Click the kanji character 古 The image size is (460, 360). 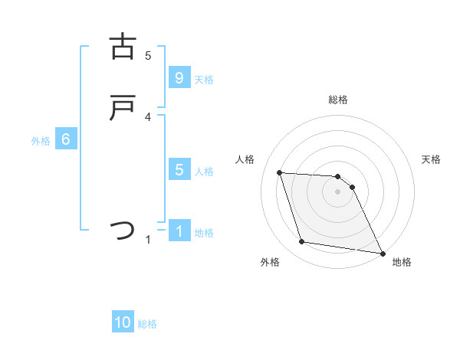[123, 47]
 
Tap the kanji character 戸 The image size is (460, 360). [123, 108]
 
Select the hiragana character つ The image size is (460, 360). [123, 230]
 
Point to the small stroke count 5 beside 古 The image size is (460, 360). [148, 55]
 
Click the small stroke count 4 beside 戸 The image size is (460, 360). [148, 116]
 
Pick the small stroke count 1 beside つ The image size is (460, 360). [148, 240]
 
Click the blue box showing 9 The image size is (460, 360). [179, 78]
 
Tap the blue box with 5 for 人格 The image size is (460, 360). [179, 170]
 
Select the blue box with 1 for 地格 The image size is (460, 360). [179, 231]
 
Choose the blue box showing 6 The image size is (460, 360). [66, 139]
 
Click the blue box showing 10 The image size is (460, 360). [123, 323]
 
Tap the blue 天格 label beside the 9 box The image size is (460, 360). [204, 79]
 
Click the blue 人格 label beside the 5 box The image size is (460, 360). [204, 171]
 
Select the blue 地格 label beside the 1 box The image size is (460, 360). [204, 232]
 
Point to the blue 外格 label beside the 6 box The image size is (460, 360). [41, 140]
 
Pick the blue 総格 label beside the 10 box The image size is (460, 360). [147, 324]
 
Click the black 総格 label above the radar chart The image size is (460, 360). [338, 100]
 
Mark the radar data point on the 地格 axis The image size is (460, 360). [381, 252]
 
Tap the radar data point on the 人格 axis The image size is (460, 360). [279, 172]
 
